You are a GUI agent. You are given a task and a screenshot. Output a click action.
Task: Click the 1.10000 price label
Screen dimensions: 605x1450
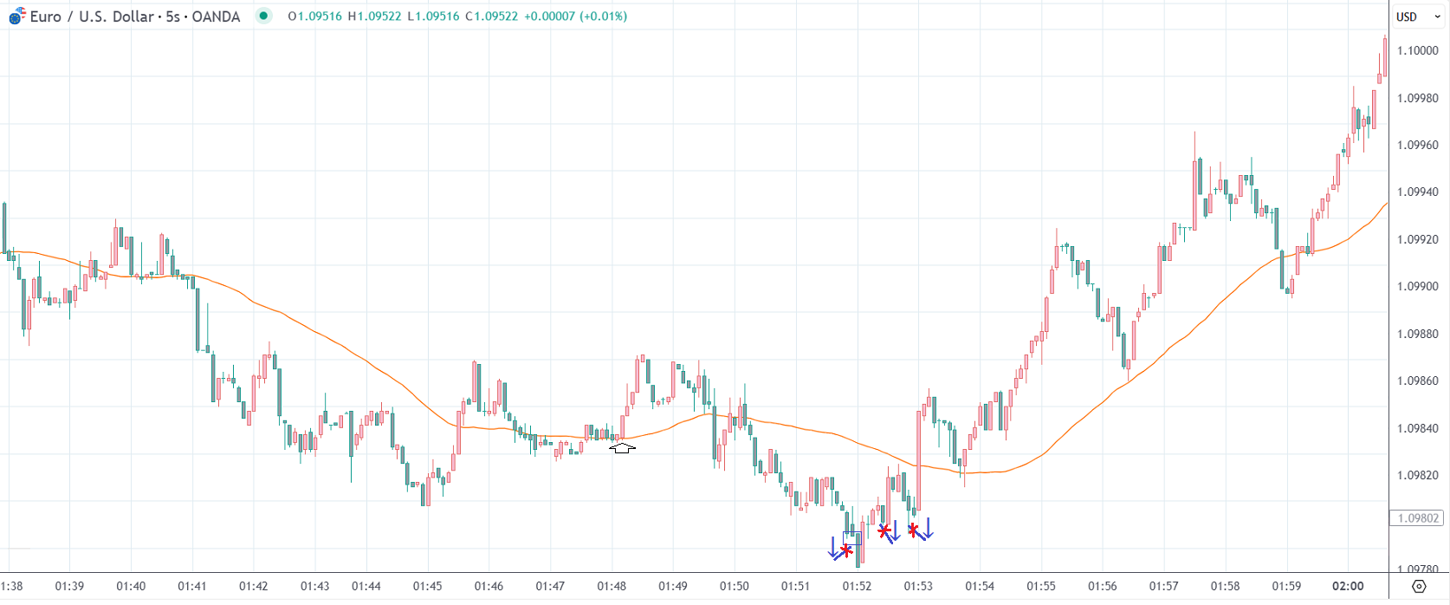(1417, 50)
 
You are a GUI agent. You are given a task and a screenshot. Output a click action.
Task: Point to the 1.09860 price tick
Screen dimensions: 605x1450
(1417, 381)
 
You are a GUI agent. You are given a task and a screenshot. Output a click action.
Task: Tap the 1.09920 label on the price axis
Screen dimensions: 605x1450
(1417, 239)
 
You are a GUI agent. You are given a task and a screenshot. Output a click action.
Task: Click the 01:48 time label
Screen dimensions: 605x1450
(612, 586)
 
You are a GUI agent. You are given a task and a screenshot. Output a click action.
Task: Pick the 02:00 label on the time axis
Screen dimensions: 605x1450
(1348, 586)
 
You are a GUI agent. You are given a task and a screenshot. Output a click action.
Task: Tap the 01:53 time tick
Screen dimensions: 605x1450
(918, 586)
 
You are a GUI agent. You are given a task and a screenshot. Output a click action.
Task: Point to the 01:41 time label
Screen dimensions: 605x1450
(192, 586)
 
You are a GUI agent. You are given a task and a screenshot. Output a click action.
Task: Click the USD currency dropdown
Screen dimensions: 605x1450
(1418, 16)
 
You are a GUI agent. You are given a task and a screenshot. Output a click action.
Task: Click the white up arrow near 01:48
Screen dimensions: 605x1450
(622, 448)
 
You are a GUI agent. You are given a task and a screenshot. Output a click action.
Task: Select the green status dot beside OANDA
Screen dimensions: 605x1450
(263, 16)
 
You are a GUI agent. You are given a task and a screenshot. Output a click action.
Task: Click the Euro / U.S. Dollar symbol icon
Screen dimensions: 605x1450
(16, 16)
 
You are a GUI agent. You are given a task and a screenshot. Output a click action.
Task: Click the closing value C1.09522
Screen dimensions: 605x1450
(491, 16)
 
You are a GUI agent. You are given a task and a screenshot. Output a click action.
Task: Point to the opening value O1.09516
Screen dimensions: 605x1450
(315, 16)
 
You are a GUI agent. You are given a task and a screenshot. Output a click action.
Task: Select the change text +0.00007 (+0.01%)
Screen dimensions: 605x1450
(575, 16)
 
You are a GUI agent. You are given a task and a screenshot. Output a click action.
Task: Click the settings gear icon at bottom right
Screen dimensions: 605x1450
(1419, 587)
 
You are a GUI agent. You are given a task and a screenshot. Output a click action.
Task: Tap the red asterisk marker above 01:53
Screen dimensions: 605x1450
(913, 530)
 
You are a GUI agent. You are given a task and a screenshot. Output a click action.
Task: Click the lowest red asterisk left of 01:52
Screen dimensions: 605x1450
(846, 550)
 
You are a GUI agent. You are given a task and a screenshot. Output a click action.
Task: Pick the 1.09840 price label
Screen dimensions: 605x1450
(1417, 428)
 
